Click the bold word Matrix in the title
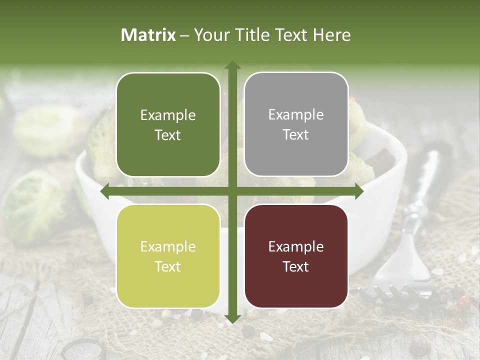[148, 35]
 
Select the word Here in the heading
[332, 35]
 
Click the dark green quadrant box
[168, 124]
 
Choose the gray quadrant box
[296, 124]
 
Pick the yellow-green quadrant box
[168, 256]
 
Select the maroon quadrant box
[296, 256]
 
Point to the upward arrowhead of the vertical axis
[232, 65]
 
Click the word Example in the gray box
[296, 115]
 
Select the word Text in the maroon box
[296, 266]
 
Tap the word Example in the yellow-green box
[168, 246]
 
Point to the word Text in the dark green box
[168, 135]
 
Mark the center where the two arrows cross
[232, 191]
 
